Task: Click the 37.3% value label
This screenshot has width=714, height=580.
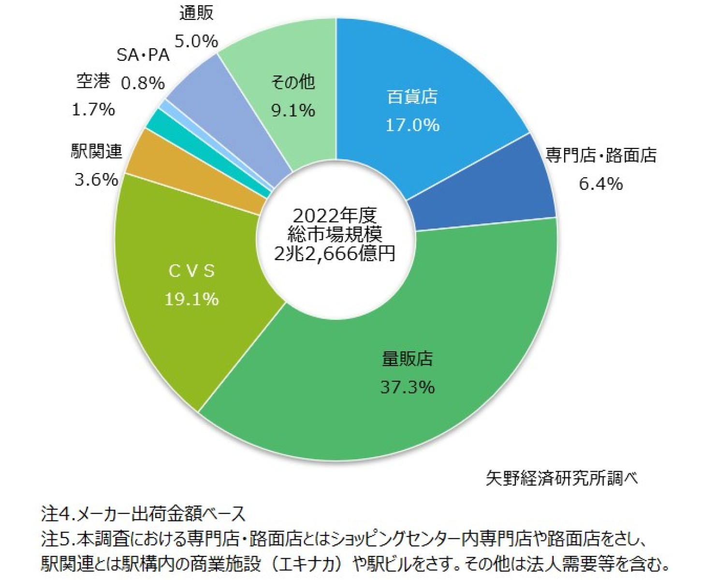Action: coord(408,387)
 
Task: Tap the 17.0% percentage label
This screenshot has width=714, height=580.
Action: coord(412,125)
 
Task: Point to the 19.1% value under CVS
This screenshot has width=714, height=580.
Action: coord(191,299)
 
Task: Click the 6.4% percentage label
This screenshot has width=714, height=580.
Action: coord(601,184)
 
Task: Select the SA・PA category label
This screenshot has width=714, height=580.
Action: coord(143,55)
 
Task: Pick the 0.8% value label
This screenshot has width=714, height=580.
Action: coord(143,83)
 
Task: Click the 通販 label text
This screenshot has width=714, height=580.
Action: coord(196,13)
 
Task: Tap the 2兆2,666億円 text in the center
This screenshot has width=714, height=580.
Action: coord(335,253)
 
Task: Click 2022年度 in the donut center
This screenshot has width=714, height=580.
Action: coord(335,216)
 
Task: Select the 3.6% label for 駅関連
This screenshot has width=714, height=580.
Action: coord(96,180)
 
